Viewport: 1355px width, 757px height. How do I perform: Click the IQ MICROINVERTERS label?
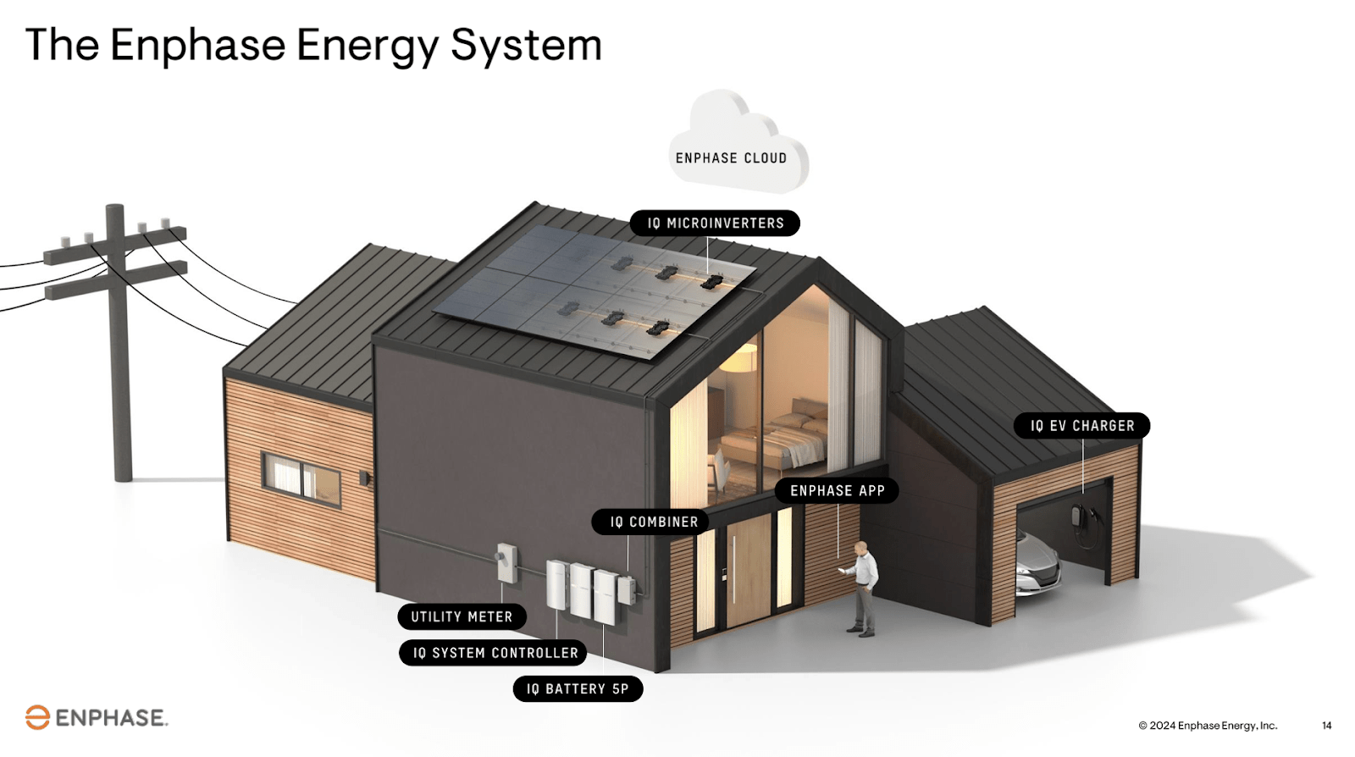(715, 224)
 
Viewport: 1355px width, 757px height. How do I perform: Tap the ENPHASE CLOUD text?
(731, 158)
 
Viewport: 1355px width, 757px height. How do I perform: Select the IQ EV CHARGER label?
(1081, 426)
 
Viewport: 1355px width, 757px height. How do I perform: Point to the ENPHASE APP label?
(837, 491)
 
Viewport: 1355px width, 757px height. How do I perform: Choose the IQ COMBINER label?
(654, 522)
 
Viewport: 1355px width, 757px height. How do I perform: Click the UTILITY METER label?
(462, 617)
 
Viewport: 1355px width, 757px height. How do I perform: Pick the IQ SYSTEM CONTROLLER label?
(495, 653)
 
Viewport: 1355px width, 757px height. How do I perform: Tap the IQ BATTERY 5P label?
(578, 689)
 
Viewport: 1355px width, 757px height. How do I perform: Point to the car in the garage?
(1037, 563)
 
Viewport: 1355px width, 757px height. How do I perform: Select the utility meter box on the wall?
(506, 561)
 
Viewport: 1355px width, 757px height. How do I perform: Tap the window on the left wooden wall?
(301, 478)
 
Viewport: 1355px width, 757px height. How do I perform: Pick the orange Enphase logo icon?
(37, 717)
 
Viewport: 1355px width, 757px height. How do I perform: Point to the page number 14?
(1326, 726)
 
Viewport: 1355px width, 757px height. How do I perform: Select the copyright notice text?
(1208, 726)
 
